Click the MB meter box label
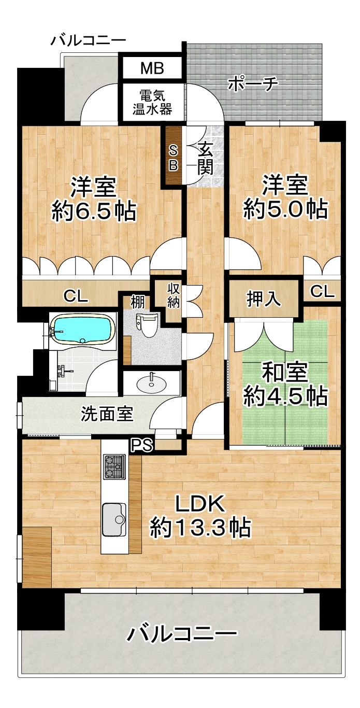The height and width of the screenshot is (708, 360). click(x=152, y=68)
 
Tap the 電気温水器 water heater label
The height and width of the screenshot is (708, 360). click(x=152, y=102)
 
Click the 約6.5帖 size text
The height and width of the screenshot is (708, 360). click(x=94, y=211)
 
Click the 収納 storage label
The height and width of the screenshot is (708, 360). click(x=174, y=296)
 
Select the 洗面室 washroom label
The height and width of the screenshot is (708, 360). click(x=107, y=414)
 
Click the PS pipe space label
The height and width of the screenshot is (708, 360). click(x=142, y=445)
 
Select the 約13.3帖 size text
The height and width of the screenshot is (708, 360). click(x=200, y=528)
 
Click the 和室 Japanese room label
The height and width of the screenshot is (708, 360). click(x=285, y=373)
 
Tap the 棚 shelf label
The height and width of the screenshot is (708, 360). click(x=138, y=303)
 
